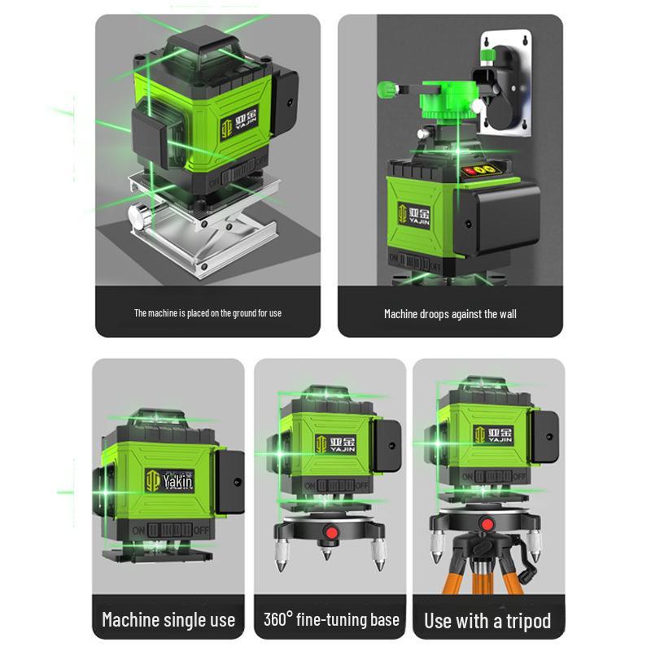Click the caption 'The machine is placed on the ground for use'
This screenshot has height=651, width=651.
tap(208, 312)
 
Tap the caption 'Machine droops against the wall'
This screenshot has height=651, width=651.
tap(450, 313)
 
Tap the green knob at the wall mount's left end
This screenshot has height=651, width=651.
tap(385, 86)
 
